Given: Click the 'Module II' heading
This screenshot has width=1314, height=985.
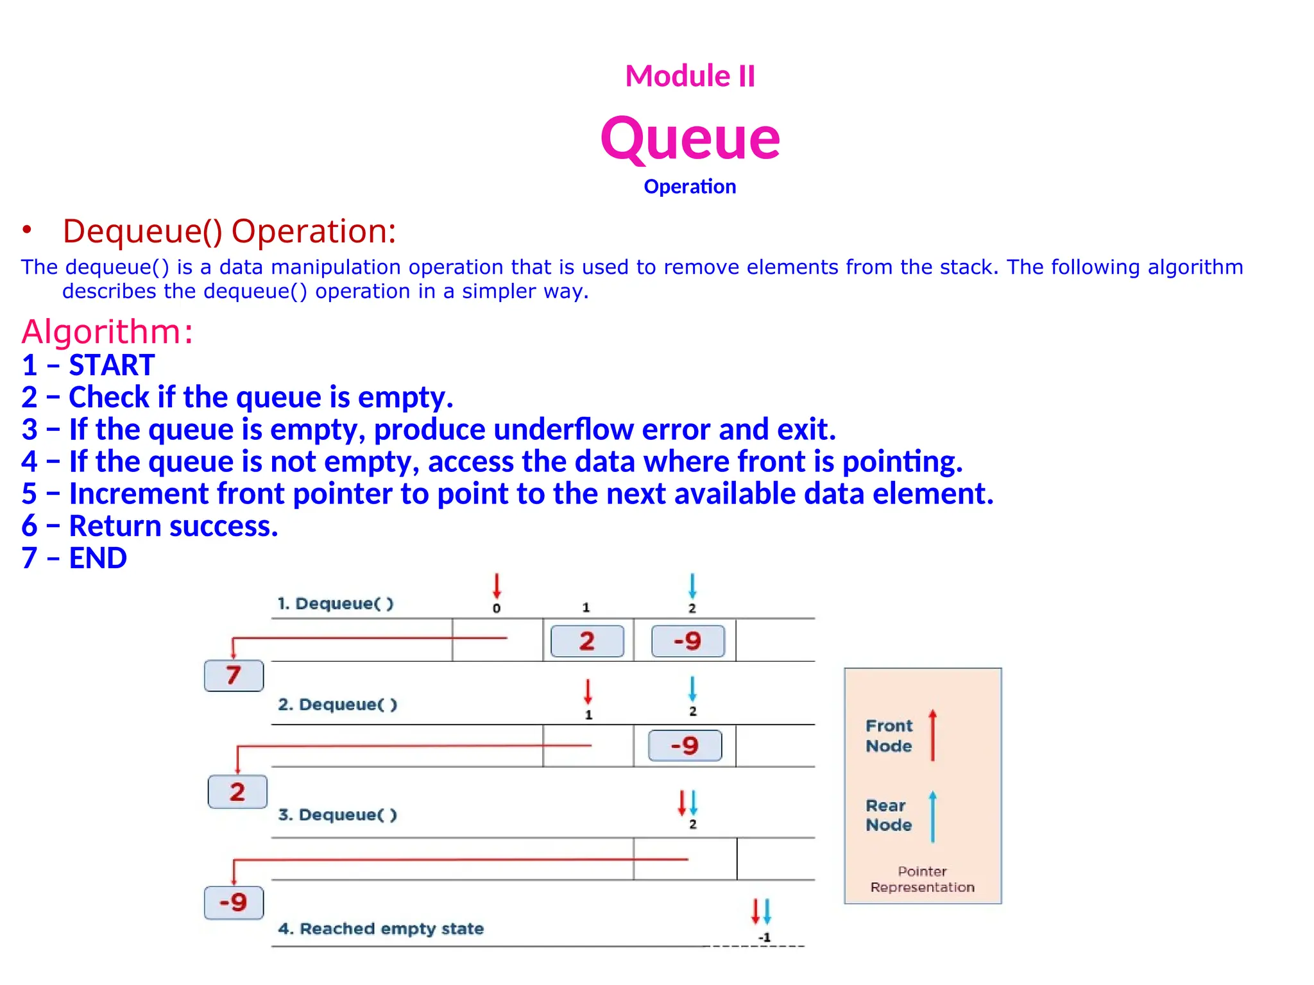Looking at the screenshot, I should pos(690,76).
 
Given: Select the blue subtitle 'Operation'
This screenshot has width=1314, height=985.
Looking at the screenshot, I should pos(690,187).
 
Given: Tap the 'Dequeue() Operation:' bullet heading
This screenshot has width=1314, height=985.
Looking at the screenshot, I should pos(229,231).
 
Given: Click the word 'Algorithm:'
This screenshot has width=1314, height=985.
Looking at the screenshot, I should pos(107,332).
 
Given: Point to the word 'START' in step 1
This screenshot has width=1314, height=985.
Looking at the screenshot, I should pos(112,365).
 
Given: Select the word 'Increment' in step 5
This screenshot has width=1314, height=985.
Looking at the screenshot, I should pos(139,493).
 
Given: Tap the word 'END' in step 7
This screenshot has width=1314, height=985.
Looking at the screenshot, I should pos(98,558).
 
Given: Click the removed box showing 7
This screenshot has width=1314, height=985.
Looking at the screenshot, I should pos(234,675).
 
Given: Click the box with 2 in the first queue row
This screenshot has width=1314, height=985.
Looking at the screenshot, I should pos(587,641).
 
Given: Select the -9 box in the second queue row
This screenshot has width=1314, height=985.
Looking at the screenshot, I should pos(685,745).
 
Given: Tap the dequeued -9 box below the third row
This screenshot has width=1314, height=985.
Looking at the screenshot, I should pos(234,902).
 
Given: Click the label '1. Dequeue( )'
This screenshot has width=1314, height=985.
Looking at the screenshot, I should pos(335,603).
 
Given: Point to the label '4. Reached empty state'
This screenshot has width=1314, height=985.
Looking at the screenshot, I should pos(380,929).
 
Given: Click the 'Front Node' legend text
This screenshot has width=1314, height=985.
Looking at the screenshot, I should pos(889,736).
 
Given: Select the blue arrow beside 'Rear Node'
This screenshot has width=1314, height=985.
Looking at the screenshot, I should pos(932,816).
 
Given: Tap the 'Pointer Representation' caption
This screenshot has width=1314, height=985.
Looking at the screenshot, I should pos(922,879).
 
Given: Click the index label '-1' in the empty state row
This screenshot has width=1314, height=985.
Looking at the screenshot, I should pos(764,938).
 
